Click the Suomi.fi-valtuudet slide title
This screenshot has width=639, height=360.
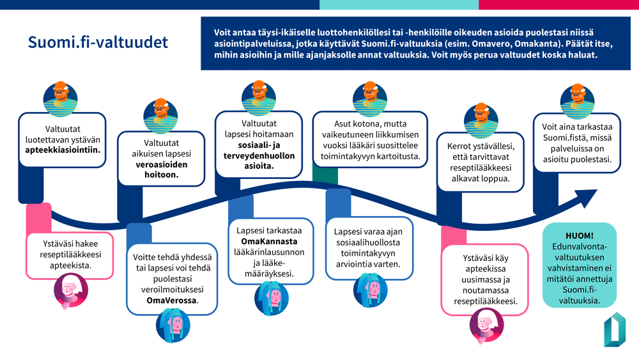[98, 42]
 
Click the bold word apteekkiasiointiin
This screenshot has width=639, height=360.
[63, 152]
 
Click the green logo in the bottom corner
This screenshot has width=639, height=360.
[614, 329]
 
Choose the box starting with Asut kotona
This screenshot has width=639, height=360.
[370, 140]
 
